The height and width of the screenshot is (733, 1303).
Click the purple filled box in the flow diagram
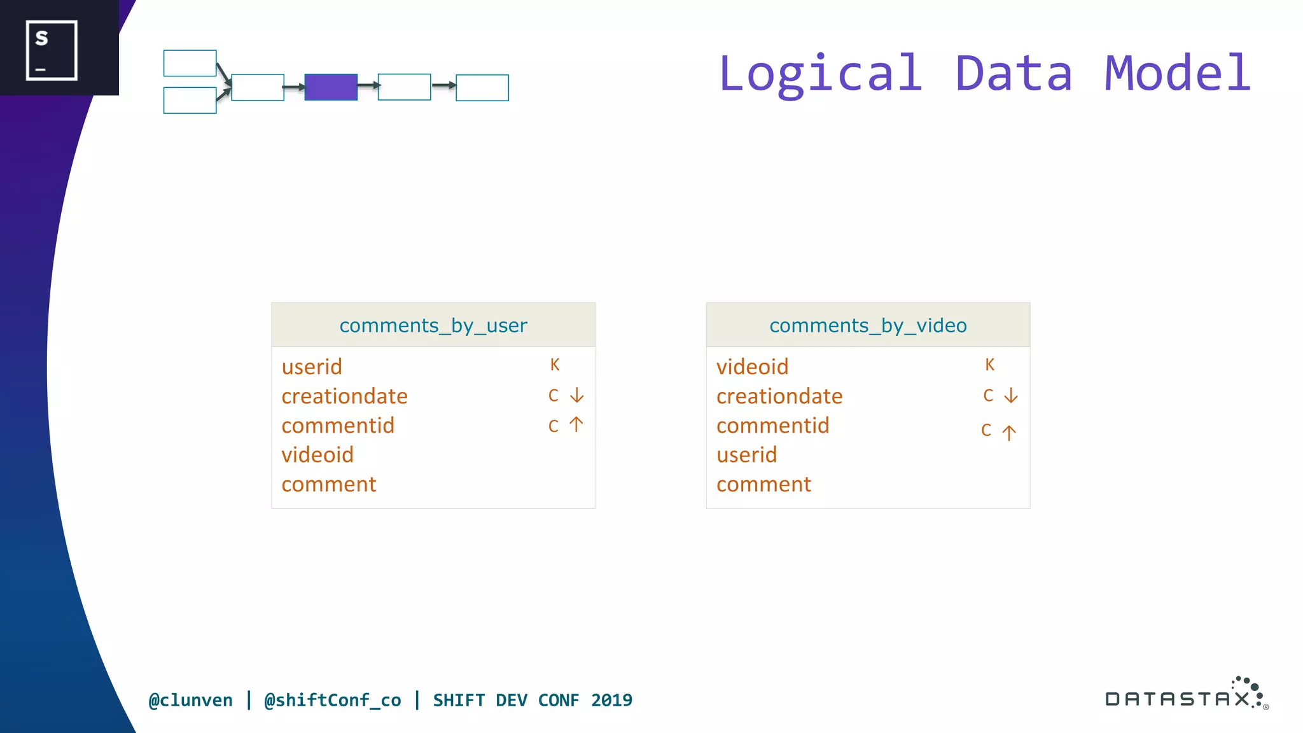tap(331, 87)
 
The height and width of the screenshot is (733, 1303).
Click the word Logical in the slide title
tap(821, 74)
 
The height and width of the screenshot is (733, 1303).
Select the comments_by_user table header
tap(433, 325)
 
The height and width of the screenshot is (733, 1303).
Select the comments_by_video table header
tap(868, 325)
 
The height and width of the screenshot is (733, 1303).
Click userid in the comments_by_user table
tap(312, 367)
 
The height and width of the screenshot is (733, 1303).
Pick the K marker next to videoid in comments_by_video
tap(989, 365)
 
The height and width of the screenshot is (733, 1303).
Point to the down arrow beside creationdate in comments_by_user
tap(576, 396)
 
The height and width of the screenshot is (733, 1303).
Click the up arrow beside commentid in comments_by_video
tap(1009, 433)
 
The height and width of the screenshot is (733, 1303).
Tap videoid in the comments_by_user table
tap(317, 455)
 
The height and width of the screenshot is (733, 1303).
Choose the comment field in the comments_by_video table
tap(763, 485)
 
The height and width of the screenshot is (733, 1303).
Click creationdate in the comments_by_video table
tap(779, 396)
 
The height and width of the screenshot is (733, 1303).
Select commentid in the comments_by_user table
tap(338, 426)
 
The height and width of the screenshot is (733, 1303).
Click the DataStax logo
tap(1186, 695)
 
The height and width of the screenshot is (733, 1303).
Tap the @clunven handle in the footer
tap(191, 701)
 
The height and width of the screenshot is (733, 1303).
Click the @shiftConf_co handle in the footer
tap(333, 701)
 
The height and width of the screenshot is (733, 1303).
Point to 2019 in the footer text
tap(611, 701)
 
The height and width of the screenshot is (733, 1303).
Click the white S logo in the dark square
tap(52, 50)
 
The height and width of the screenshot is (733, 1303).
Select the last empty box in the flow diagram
tap(482, 88)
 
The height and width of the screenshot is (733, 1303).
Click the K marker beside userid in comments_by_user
tap(555, 365)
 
